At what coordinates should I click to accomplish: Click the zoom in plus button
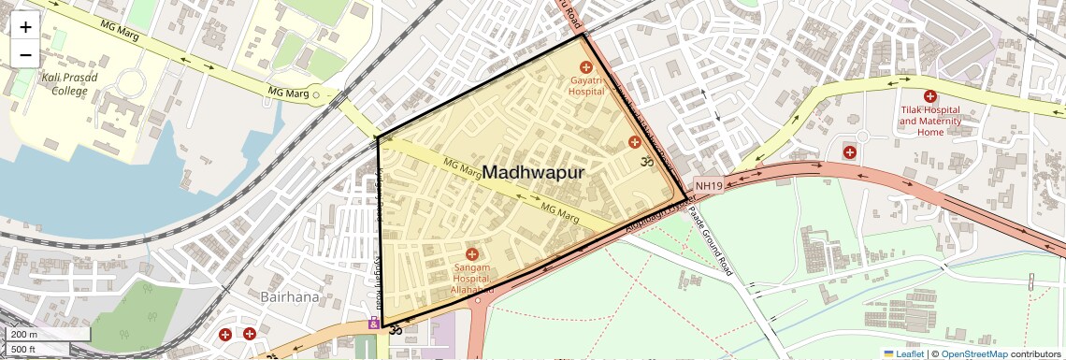coord(25,26)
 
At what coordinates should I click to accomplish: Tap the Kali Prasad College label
coord(51,84)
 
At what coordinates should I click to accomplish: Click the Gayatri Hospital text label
coord(586,86)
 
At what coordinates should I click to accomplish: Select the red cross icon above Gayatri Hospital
coord(586,66)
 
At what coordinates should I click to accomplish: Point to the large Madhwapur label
coord(534,173)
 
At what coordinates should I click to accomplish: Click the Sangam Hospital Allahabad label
coord(471,280)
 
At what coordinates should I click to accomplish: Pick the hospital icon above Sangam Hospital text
coord(472,254)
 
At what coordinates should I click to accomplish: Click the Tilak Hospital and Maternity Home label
coord(930,121)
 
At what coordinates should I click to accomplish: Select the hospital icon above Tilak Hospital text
coord(930,96)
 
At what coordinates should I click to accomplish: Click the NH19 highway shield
coord(709,186)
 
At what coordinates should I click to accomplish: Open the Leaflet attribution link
coord(903,353)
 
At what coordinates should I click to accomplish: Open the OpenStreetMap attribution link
coord(974,353)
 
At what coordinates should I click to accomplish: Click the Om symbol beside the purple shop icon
coord(395,330)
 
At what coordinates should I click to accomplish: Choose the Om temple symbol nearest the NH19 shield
coord(644,162)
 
